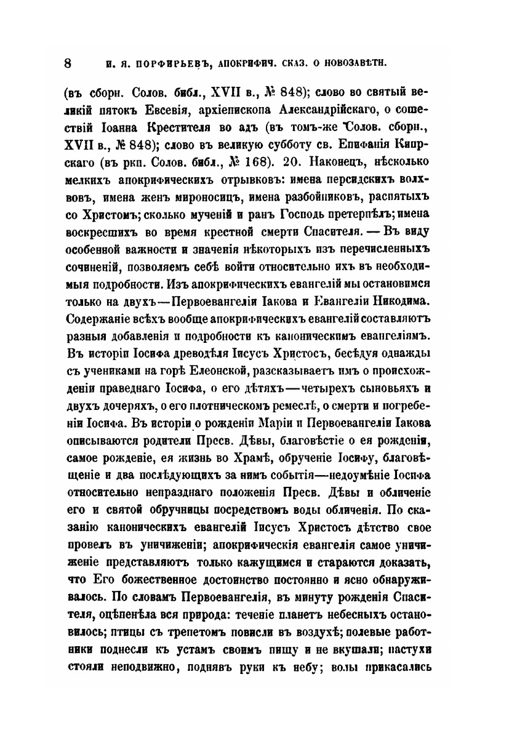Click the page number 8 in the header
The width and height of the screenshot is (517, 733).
click(x=68, y=63)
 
